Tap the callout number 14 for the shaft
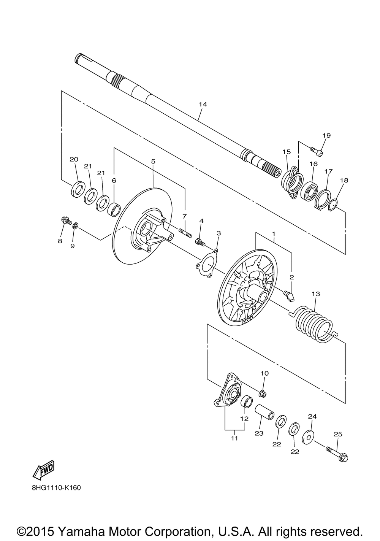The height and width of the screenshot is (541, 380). click(203, 104)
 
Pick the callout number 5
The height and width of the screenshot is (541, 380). click(153, 161)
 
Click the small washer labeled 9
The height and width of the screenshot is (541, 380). click(75, 226)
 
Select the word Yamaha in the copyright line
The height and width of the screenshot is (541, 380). click(81, 532)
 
